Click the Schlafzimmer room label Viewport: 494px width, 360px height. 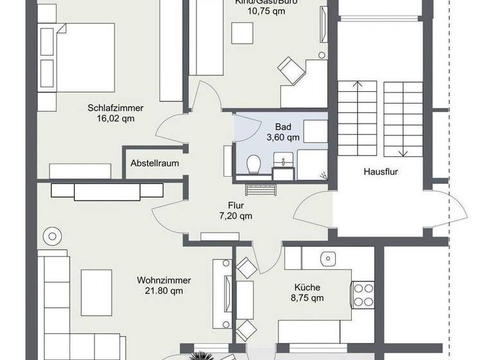pos(115,108)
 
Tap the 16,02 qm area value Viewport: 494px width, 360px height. pos(115,118)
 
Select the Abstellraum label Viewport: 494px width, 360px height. pos(154,163)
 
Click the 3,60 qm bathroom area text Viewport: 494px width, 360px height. pos(283,137)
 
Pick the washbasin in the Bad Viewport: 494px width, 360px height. pos(283,161)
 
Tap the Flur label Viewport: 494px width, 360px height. pos(235,206)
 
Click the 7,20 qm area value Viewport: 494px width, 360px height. pos(235,216)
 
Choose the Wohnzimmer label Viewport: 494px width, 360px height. pos(163,280)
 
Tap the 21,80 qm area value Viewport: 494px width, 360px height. pos(163,291)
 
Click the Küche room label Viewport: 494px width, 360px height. pos(307,287)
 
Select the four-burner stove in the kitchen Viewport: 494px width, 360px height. pos(363,295)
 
